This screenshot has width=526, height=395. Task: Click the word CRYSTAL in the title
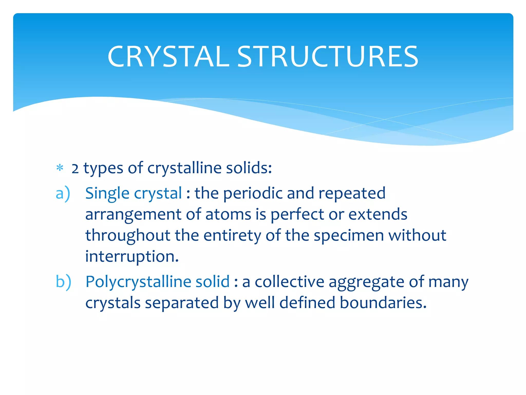(x=168, y=57)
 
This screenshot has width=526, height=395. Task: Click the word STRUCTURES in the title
(x=327, y=57)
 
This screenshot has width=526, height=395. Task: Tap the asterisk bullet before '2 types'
(x=60, y=168)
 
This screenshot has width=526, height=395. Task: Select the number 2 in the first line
(x=75, y=169)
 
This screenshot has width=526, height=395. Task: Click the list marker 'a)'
(x=63, y=193)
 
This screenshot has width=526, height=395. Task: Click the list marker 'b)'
(x=63, y=282)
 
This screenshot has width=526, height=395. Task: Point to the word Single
(x=107, y=193)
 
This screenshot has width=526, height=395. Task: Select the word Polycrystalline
(x=138, y=282)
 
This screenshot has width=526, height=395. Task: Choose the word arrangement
(x=133, y=215)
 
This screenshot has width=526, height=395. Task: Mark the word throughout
(x=128, y=236)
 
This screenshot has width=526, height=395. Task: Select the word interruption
(x=131, y=257)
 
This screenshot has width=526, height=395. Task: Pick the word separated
(x=182, y=303)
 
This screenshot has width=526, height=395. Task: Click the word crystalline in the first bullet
(x=184, y=168)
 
